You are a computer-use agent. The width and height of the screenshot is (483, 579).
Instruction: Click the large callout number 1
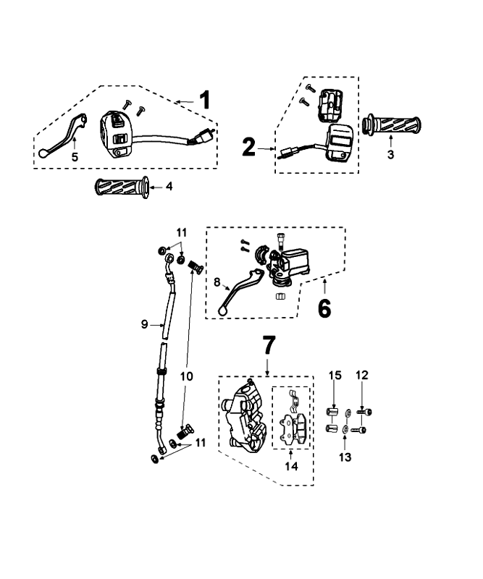coord(205,100)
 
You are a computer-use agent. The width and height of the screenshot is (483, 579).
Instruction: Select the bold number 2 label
coord(248,148)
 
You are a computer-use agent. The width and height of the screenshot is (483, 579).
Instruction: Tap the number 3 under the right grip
coord(390,155)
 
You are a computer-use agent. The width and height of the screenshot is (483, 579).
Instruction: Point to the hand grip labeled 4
coord(120,188)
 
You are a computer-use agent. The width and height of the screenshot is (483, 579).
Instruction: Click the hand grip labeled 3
coord(392,124)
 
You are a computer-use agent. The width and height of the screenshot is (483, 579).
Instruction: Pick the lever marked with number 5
coord(64,135)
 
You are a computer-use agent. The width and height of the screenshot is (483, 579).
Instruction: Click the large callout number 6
coord(324,308)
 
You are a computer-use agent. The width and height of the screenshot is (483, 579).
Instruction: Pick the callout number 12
coord(362,375)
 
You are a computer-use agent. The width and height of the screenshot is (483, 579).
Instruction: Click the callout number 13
coord(345,457)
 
